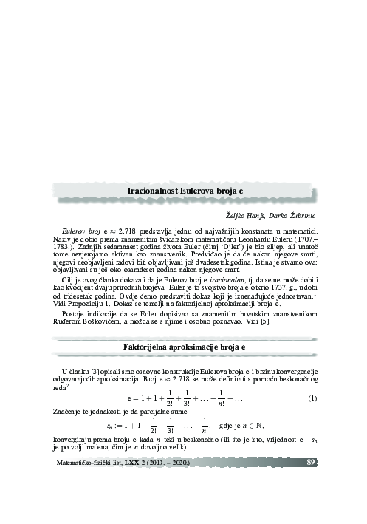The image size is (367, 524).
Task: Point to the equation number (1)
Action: coord(312,400)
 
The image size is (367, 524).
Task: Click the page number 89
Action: coord(312,463)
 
